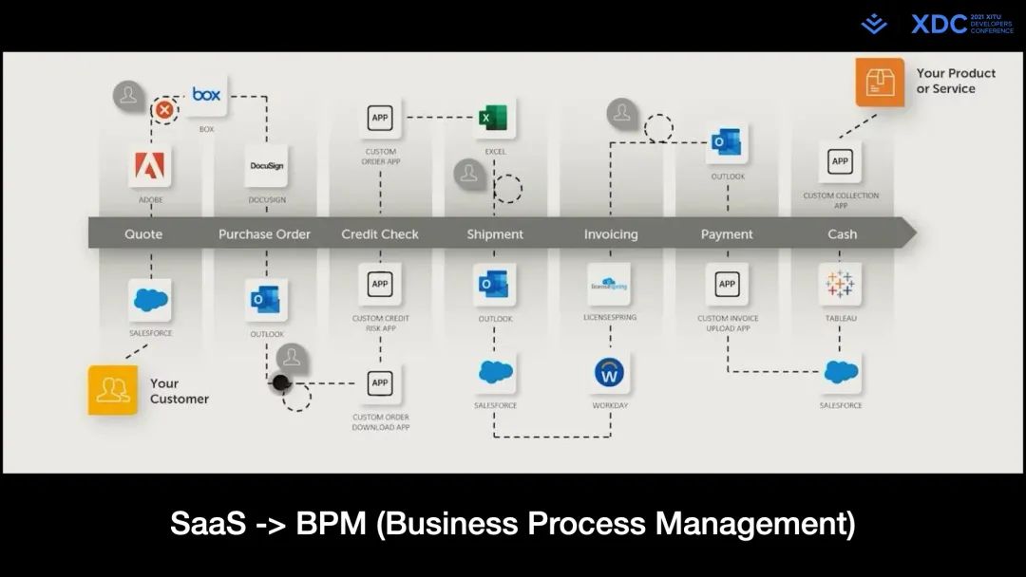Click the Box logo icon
pyautogui.click(x=206, y=95)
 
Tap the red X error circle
pyautogui.click(x=165, y=110)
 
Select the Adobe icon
pyautogui.click(x=150, y=167)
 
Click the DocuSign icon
pyautogui.click(x=267, y=166)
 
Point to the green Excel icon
pyautogui.click(x=494, y=119)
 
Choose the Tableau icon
pyautogui.click(x=841, y=285)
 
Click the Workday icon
pyautogui.click(x=610, y=373)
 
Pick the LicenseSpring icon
pyautogui.click(x=609, y=285)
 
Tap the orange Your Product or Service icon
pyautogui.click(x=880, y=82)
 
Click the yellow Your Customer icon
pyautogui.click(x=113, y=390)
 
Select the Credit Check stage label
pyautogui.click(x=380, y=234)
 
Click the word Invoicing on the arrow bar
pyautogui.click(x=611, y=234)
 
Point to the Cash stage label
pyautogui.click(x=842, y=234)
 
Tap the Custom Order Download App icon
pyautogui.click(x=380, y=383)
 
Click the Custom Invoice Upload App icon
pyautogui.click(x=727, y=285)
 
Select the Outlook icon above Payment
pyautogui.click(x=727, y=143)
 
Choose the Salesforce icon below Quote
pyautogui.click(x=150, y=300)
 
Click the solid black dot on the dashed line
pyautogui.click(x=281, y=383)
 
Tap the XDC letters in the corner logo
pyautogui.click(x=939, y=25)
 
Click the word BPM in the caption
pyautogui.click(x=332, y=524)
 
